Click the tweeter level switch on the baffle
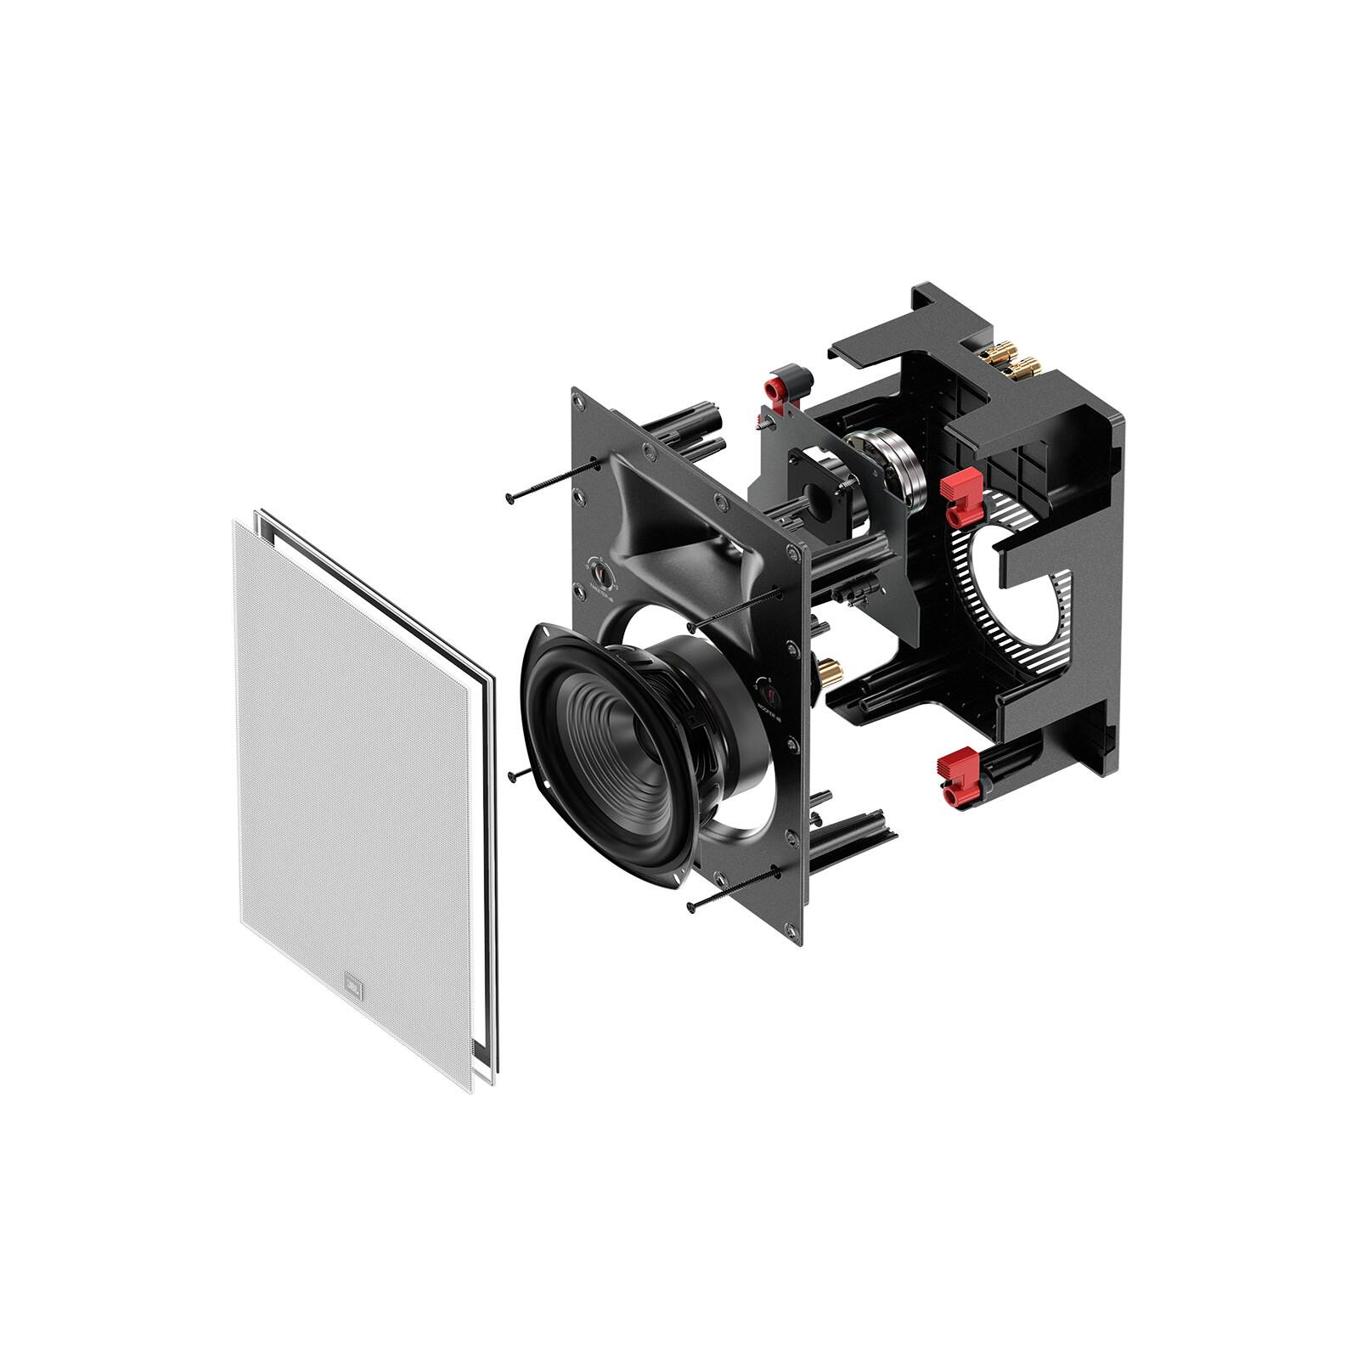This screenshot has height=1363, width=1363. (601, 574)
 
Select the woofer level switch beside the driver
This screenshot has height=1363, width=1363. (763, 689)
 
